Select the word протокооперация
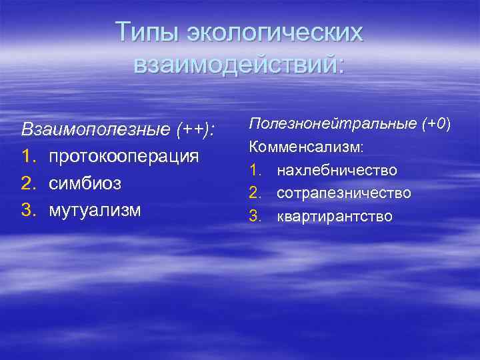tap(123, 156)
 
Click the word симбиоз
tap(85, 183)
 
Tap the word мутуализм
tap(95, 211)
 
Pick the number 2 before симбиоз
tap(27, 183)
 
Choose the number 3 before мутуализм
tap(27, 211)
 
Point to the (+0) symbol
tap(437, 123)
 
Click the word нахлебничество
tap(337, 170)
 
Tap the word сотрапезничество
tap(344, 193)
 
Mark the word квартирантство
tap(335, 217)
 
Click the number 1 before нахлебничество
tap(255, 170)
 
